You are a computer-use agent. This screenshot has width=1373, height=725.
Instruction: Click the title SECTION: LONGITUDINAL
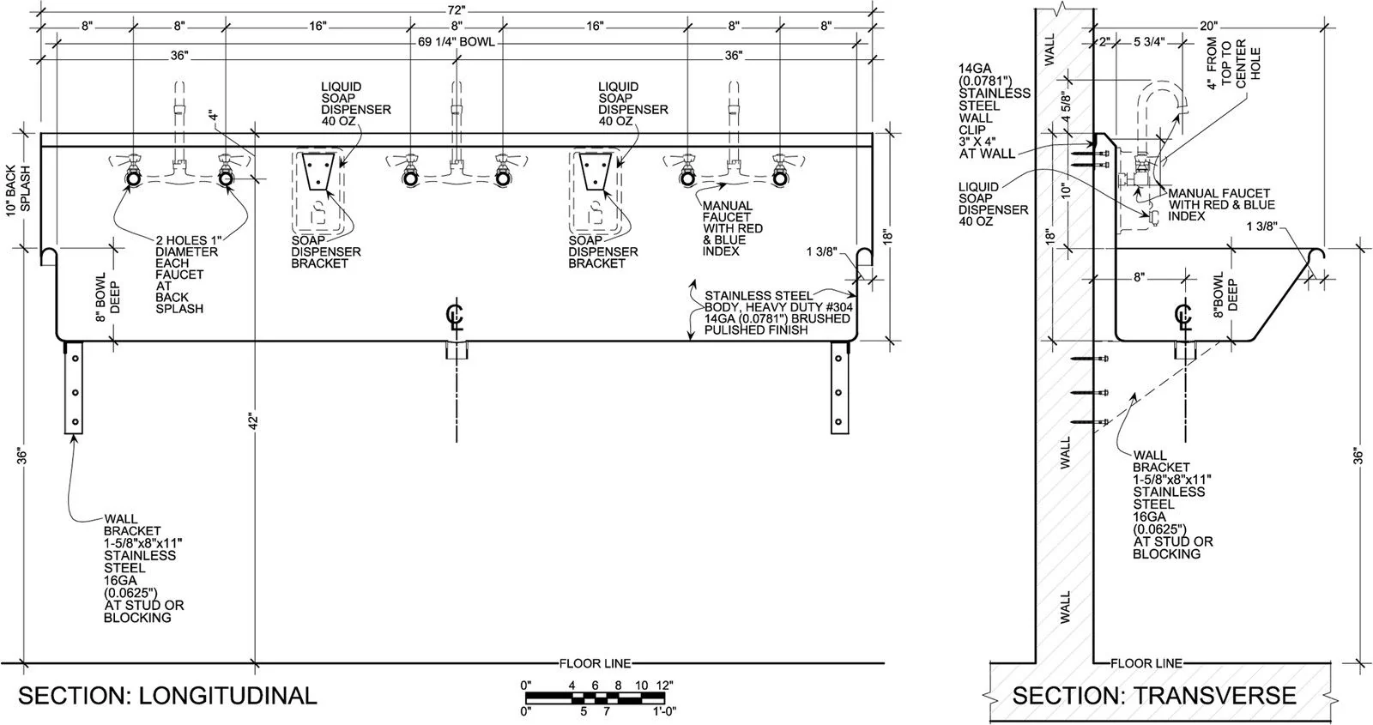(167, 695)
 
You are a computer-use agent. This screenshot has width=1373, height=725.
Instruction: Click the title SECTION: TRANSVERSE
(1154, 695)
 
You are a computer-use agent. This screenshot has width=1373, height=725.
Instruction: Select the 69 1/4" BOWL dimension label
(457, 41)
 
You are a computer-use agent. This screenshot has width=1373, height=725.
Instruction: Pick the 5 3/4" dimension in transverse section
(1147, 41)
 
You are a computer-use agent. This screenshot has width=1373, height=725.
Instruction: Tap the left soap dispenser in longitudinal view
(319, 172)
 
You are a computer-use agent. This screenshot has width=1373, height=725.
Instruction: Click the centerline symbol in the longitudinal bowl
(456, 317)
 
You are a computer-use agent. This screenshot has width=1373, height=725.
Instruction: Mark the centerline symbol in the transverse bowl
(1184, 317)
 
